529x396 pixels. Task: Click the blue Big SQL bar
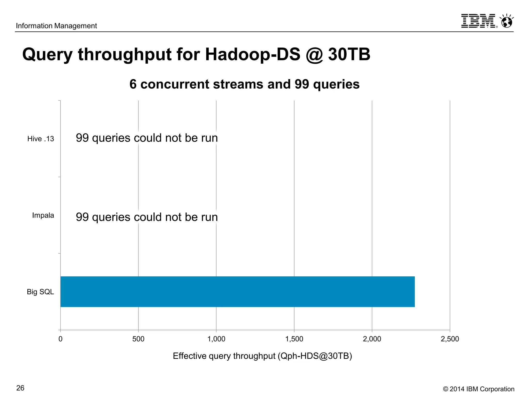[237, 292]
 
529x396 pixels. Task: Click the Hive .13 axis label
[41, 139]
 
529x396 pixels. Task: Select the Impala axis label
[43, 215]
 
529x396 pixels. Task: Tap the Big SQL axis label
[40, 292]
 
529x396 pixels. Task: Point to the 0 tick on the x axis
[60, 339]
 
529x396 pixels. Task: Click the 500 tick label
[138, 339]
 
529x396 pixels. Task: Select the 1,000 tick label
[216, 339]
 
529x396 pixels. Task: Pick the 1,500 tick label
[294, 339]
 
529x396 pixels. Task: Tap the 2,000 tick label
[372, 339]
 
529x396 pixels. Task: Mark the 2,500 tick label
[450, 339]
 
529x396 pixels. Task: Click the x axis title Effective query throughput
[262, 356]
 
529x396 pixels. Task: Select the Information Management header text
[56, 26]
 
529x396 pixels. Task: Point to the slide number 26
[20, 388]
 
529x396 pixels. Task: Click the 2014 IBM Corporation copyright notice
[479, 389]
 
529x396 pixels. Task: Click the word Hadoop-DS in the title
[253, 54]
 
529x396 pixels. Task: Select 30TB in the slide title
[349, 54]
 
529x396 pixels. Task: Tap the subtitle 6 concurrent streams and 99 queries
[244, 84]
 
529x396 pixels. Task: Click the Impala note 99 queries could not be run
[147, 217]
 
